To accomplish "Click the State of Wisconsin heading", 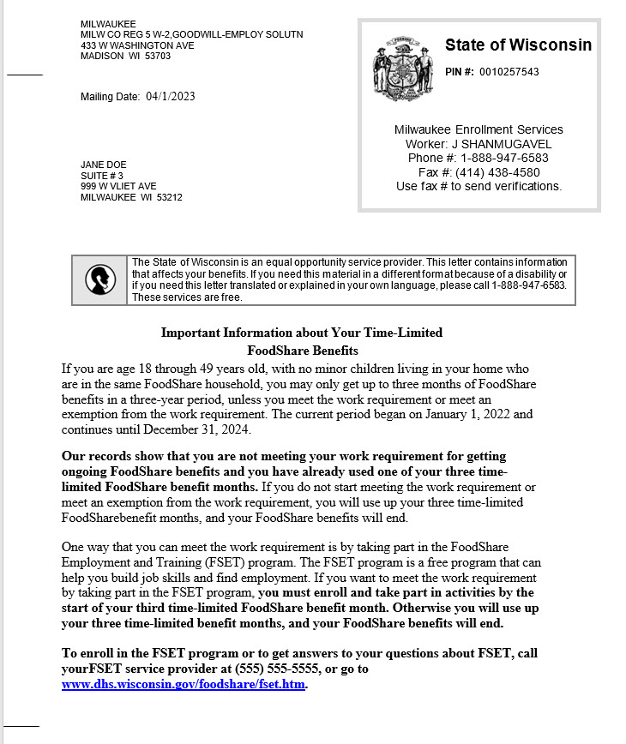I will tap(518, 45).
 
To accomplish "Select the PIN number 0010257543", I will tap(509, 72).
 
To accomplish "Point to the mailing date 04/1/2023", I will tap(171, 97).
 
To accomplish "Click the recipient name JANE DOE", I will tap(103, 165).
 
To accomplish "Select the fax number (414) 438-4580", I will tap(497, 172).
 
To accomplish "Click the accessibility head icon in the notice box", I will tap(100, 279).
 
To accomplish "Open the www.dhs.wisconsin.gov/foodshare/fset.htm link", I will tap(184, 685).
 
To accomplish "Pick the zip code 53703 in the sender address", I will tap(157, 57).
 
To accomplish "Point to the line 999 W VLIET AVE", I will tap(118, 186).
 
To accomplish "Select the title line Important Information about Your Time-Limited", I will tap(302, 333).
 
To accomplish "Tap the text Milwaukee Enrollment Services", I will tap(479, 129).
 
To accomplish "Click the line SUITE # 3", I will tap(102, 176).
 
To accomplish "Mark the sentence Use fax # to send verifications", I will tap(479, 186).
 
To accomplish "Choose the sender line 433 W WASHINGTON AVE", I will tap(137, 45).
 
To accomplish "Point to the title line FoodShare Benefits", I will tap(302, 350).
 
